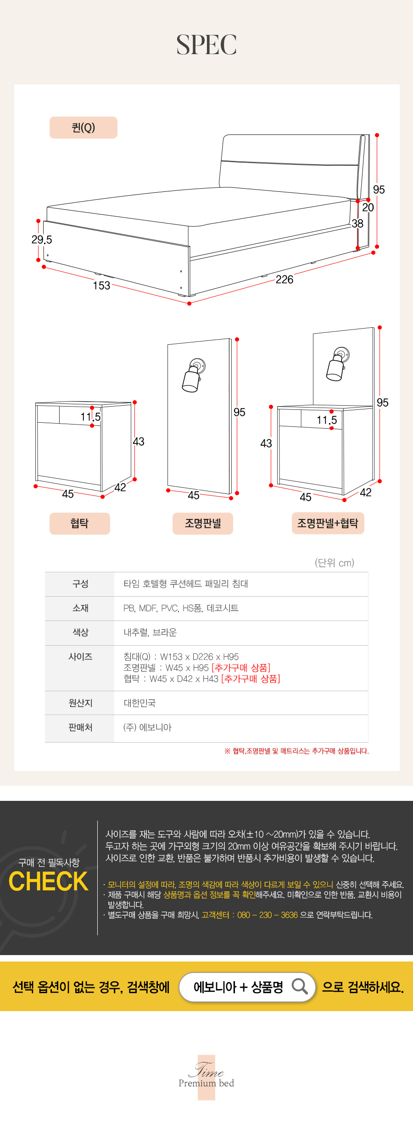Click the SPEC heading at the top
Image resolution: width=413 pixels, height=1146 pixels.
click(x=206, y=45)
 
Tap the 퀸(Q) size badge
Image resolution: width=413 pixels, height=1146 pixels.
click(x=84, y=128)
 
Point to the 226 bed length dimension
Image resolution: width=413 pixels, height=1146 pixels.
click(x=285, y=280)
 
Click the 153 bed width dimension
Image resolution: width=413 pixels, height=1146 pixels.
click(x=101, y=285)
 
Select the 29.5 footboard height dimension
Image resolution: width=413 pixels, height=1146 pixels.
click(x=42, y=240)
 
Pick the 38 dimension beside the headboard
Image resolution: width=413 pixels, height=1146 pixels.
click(x=357, y=224)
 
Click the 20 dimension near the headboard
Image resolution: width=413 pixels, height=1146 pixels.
click(x=368, y=207)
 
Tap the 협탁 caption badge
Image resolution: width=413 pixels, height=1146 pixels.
click(x=80, y=524)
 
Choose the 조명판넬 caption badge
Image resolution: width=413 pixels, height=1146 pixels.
click(x=203, y=524)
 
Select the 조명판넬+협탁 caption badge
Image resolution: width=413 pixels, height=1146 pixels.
click(x=328, y=523)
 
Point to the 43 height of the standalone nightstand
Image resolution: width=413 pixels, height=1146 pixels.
click(x=139, y=442)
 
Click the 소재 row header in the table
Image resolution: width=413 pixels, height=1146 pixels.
click(x=80, y=608)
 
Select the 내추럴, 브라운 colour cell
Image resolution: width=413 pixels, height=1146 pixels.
click(x=150, y=632)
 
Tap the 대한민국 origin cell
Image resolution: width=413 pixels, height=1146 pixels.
click(x=140, y=703)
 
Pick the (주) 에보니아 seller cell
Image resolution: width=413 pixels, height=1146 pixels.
click(x=147, y=727)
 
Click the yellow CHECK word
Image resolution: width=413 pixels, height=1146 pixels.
click(x=49, y=881)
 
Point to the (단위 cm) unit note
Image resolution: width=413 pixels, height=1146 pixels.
click(x=335, y=563)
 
